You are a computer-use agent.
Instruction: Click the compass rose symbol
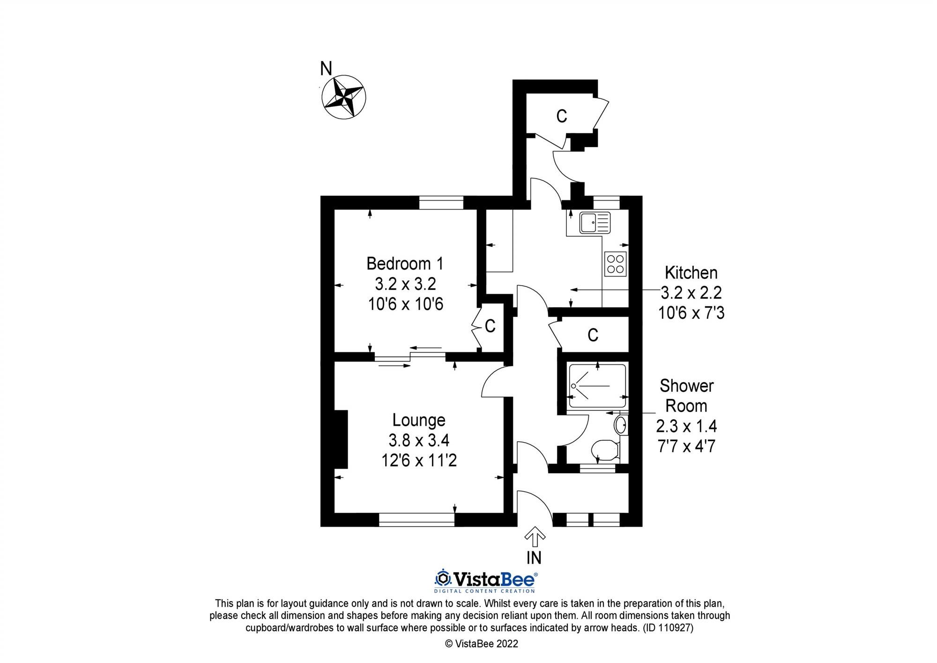(x=343, y=97)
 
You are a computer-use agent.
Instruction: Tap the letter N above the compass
(x=326, y=69)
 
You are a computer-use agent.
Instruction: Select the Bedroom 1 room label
(x=405, y=264)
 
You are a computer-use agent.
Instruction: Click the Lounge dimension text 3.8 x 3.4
(x=419, y=440)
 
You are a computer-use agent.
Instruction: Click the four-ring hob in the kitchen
(x=616, y=264)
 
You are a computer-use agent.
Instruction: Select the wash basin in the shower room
(x=620, y=425)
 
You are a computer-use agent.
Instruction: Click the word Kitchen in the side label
(x=691, y=272)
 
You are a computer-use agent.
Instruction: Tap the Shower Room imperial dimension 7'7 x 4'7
(x=686, y=446)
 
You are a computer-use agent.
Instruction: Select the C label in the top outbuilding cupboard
(x=561, y=116)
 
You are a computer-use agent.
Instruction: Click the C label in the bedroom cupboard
(x=490, y=326)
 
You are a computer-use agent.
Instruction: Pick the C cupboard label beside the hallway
(x=593, y=335)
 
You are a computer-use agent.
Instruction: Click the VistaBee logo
(x=485, y=580)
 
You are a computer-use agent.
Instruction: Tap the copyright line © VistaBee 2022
(x=482, y=644)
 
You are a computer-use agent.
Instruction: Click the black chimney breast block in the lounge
(x=341, y=439)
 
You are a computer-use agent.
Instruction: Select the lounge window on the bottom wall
(x=416, y=520)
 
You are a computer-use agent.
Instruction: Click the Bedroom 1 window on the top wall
(x=441, y=203)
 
